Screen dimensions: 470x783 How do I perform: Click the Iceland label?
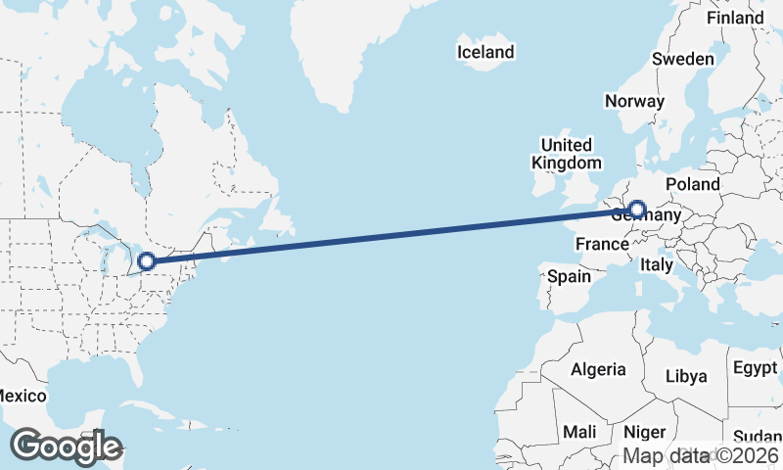pos(485,51)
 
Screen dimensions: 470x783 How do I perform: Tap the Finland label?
pos(735,18)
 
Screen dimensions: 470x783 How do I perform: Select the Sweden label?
pos(683,59)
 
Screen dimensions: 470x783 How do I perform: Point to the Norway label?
pos(634,101)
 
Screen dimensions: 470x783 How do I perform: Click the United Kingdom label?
pos(567,154)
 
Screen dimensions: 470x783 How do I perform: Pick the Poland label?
pos(692,184)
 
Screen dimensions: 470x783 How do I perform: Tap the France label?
pos(601,243)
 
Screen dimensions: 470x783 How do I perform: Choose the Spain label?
pos(569,276)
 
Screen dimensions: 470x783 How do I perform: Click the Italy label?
pos(656,264)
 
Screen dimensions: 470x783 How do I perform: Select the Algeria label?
pos(598,369)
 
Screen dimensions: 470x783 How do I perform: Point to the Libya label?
pos(685,376)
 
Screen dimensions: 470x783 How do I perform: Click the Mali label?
pos(579,432)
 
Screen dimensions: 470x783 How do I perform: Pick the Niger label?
pos(644,432)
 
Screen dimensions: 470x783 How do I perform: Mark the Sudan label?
pos(758,437)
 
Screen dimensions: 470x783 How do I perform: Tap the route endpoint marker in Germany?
pos(637,209)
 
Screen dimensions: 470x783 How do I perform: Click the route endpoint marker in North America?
pos(147,261)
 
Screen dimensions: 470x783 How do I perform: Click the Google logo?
pos(66,446)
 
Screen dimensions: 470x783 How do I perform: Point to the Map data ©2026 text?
pos(702,455)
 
